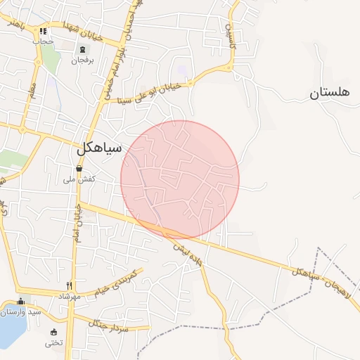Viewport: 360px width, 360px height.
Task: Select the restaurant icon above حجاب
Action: (x=44, y=31)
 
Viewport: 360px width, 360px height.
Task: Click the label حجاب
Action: (x=44, y=41)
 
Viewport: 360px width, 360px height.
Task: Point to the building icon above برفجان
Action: (x=84, y=49)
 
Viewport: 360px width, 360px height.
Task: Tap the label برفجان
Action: (x=83, y=60)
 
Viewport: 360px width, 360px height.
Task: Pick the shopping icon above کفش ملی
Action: (x=79, y=169)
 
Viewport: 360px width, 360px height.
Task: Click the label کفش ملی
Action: (x=80, y=181)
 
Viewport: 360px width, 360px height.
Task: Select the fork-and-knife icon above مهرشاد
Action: (x=69, y=285)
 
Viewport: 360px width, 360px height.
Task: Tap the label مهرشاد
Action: (x=70, y=297)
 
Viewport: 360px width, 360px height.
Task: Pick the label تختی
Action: (x=53, y=343)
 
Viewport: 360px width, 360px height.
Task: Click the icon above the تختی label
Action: (x=53, y=332)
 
